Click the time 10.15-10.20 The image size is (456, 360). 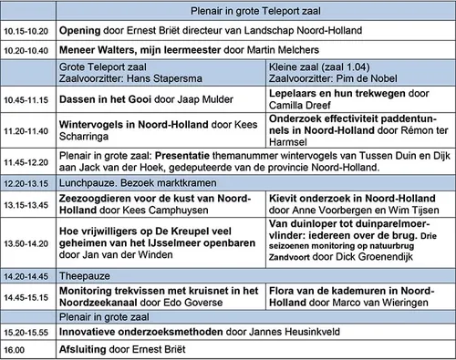[x=25, y=28]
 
